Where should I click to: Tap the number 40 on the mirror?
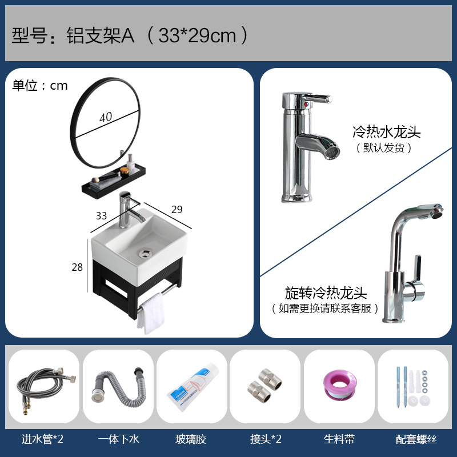tap(105, 117)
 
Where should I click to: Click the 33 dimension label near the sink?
tap(101, 215)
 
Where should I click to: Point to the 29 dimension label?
tap(177, 210)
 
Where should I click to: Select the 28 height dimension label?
tap(78, 267)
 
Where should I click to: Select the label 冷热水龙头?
tap(387, 133)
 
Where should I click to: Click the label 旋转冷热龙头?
tap(325, 294)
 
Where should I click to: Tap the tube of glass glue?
tap(191, 387)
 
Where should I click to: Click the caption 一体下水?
tap(118, 439)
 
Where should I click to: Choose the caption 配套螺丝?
tap(416, 439)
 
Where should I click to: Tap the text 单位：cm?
tap(40, 86)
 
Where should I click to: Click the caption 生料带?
tap(339, 439)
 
